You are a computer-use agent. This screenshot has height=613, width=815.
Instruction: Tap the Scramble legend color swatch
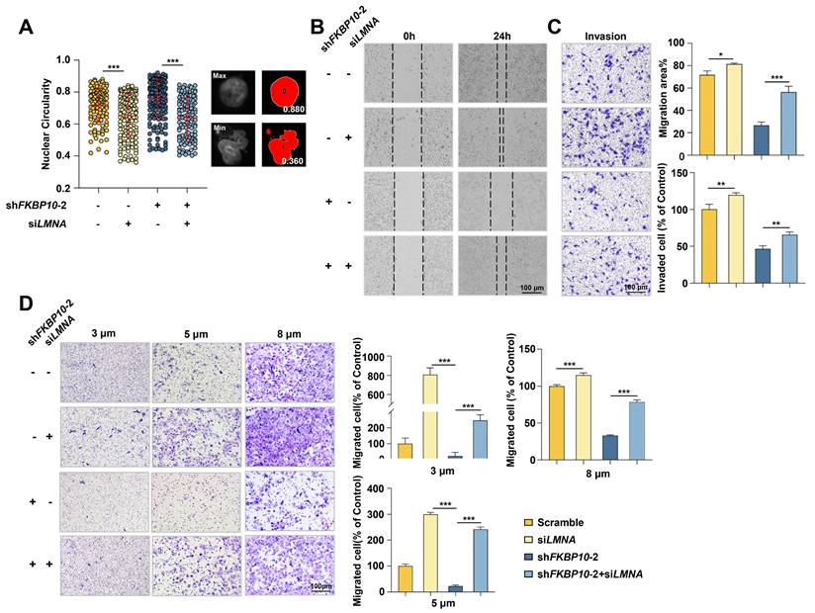click(532, 520)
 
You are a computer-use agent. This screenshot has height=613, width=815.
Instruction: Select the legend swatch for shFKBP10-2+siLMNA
click(532, 572)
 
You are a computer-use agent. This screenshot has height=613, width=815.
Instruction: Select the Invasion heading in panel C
click(604, 36)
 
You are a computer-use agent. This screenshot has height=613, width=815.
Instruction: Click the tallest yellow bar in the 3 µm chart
click(428, 410)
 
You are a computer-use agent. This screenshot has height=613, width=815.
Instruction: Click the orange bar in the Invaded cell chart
click(708, 248)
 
